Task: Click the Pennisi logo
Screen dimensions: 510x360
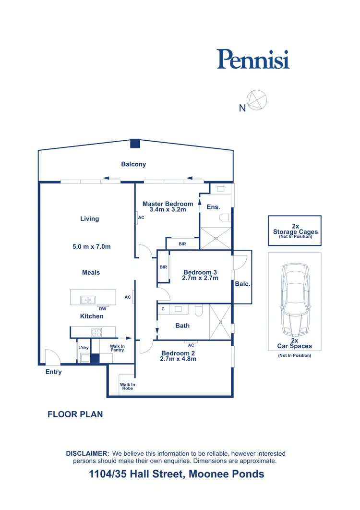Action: pyautogui.click(x=253, y=59)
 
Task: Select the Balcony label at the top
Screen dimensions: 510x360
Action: pyautogui.click(x=133, y=164)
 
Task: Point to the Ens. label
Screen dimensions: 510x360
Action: pyautogui.click(x=213, y=207)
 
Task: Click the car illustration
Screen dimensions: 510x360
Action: pyautogui.click(x=294, y=301)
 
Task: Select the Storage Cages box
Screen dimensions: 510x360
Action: pyautogui.click(x=295, y=231)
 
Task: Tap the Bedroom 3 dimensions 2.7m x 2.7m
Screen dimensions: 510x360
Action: pyautogui.click(x=201, y=278)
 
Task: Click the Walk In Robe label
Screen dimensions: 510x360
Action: pyautogui.click(x=127, y=386)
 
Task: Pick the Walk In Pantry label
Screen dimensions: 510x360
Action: pyautogui.click(x=117, y=348)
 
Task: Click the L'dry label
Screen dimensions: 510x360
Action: pyautogui.click(x=83, y=347)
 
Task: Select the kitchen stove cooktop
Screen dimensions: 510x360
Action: pyautogui.click(x=96, y=331)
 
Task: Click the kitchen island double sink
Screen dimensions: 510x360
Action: pyautogui.click(x=87, y=300)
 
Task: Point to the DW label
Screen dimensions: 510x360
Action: pyautogui.click(x=103, y=309)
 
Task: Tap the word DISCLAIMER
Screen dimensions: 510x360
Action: pyautogui.click(x=87, y=453)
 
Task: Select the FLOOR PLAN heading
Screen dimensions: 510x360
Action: pyautogui.click(x=75, y=414)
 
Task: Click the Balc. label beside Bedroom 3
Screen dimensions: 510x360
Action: pyautogui.click(x=242, y=284)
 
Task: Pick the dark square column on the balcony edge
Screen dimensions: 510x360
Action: pyautogui.click(x=135, y=143)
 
